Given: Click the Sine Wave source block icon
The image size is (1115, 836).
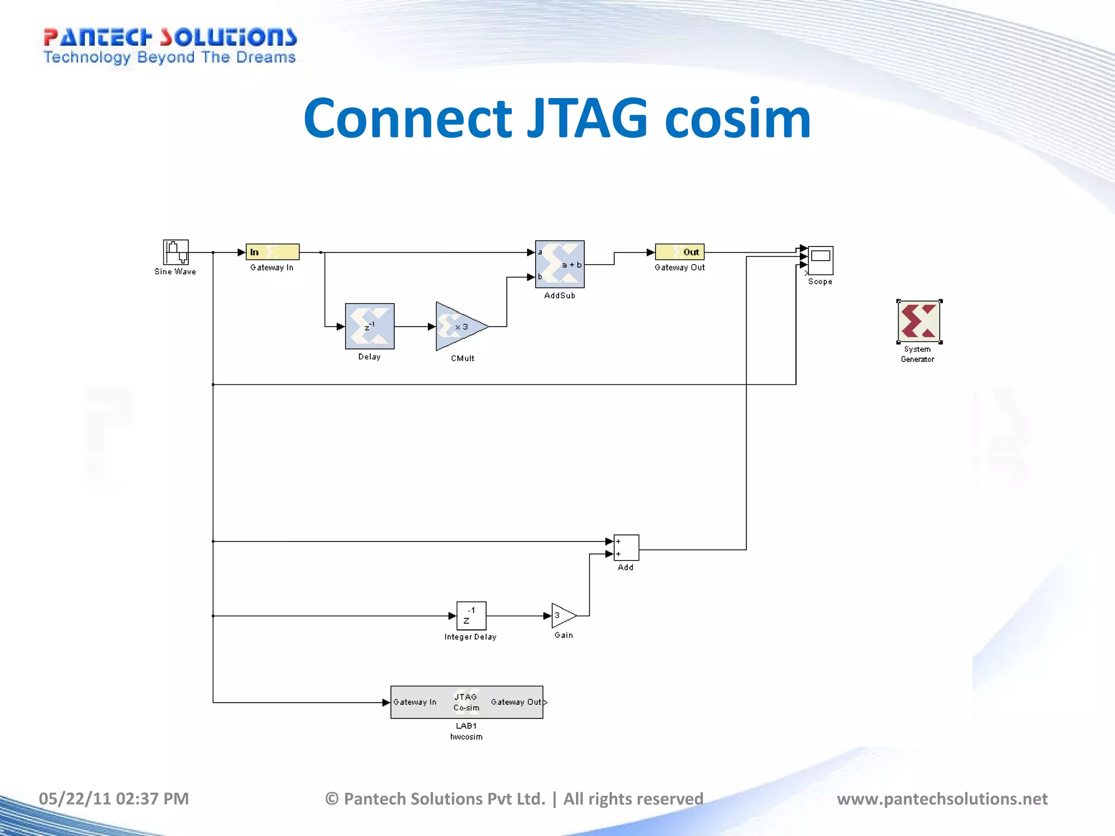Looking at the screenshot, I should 176,252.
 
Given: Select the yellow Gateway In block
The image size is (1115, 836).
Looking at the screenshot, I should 272,252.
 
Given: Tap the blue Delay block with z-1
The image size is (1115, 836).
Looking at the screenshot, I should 370,326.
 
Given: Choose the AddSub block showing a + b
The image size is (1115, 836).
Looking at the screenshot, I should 560,265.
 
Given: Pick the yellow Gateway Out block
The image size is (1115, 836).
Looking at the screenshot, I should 679,252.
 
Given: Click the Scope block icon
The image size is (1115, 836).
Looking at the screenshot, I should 820,261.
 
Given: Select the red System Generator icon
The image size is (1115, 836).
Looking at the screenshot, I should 919,321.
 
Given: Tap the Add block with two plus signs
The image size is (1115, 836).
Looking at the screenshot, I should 626,548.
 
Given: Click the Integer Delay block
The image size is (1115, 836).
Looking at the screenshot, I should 471,616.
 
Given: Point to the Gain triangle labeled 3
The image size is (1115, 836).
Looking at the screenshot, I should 563,616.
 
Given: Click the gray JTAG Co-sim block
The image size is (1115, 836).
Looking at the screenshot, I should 467,702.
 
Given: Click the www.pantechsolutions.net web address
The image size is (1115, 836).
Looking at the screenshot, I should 942,798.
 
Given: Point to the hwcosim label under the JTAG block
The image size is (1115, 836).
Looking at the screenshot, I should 466,737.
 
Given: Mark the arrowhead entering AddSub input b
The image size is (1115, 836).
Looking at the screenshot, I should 531,277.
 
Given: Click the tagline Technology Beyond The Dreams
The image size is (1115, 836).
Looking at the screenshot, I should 169,58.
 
